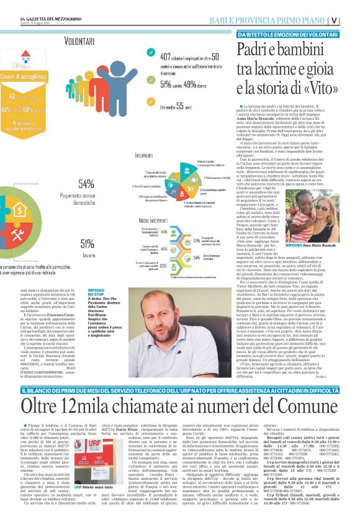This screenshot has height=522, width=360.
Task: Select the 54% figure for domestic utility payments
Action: point(87,184)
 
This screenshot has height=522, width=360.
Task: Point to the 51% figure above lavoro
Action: point(88,244)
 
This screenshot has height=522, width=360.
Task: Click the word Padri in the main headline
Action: point(259,50)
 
